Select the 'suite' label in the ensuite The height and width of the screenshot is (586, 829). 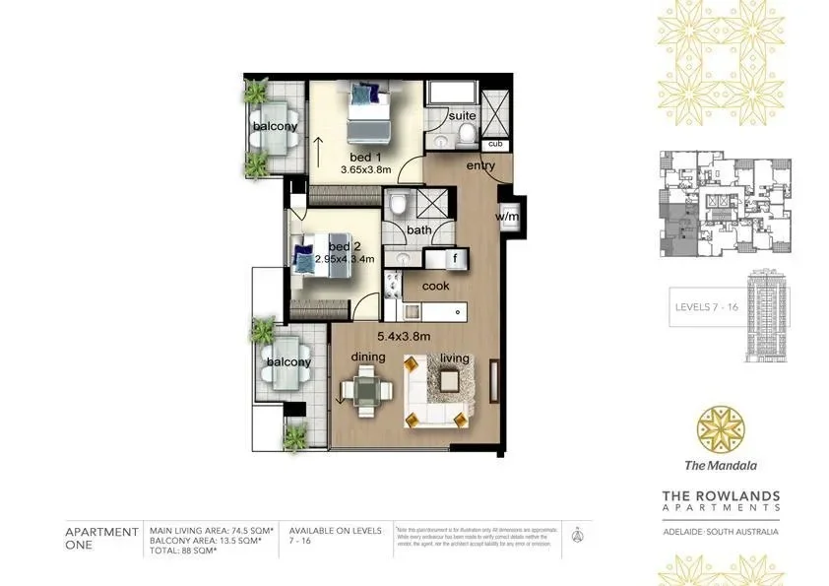click(x=462, y=116)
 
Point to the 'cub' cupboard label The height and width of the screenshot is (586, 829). click(x=495, y=145)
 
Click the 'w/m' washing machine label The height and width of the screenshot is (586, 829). click(x=507, y=217)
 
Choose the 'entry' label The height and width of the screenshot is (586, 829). click(x=480, y=165)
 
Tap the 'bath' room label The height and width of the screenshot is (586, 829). click(x=419, y=230)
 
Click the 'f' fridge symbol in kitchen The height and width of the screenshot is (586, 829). click(x=456, y=259)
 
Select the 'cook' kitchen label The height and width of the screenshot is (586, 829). click(x=435, y=286)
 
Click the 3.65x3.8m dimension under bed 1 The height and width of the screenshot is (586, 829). click(x=365, y=169)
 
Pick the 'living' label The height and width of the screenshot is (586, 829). click(x=454, y=358)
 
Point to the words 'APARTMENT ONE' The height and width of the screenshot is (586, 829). click(x=101, y=538)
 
